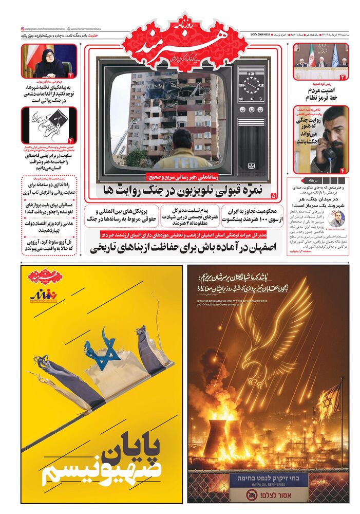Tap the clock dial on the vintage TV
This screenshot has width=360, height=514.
point(252,84)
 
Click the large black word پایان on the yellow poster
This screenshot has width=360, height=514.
point(132,445)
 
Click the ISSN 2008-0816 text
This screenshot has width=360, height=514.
point(255,29)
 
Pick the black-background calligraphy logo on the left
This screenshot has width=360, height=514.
point(49,126)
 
